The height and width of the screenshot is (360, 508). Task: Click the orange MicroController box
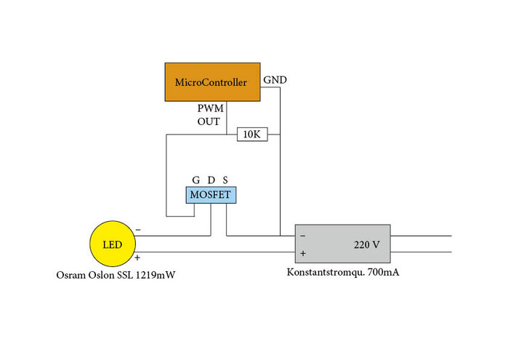coord(211,82)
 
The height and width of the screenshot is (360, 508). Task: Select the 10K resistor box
coord(252,135)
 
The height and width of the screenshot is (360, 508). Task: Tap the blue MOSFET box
coord(211,195)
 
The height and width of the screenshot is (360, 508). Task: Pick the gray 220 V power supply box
coord(342,244)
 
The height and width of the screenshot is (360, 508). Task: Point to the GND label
coord(275,79)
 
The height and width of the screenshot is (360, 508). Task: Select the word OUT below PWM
coord(209,121)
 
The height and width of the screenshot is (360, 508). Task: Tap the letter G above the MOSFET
coord(195,180)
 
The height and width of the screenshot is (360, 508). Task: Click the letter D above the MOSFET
coord(211,180)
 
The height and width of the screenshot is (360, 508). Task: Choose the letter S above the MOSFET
coord(225,180)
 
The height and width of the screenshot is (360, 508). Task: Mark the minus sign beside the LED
coord(138,231)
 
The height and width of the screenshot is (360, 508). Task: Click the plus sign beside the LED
coord(138,257)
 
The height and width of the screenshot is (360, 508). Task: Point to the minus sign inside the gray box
coord(302,236)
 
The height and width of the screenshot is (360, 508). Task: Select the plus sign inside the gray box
coord(302,254)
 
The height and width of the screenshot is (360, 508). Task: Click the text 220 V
coord(367,244)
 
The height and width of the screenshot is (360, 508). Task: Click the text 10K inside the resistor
coord(252,135)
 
